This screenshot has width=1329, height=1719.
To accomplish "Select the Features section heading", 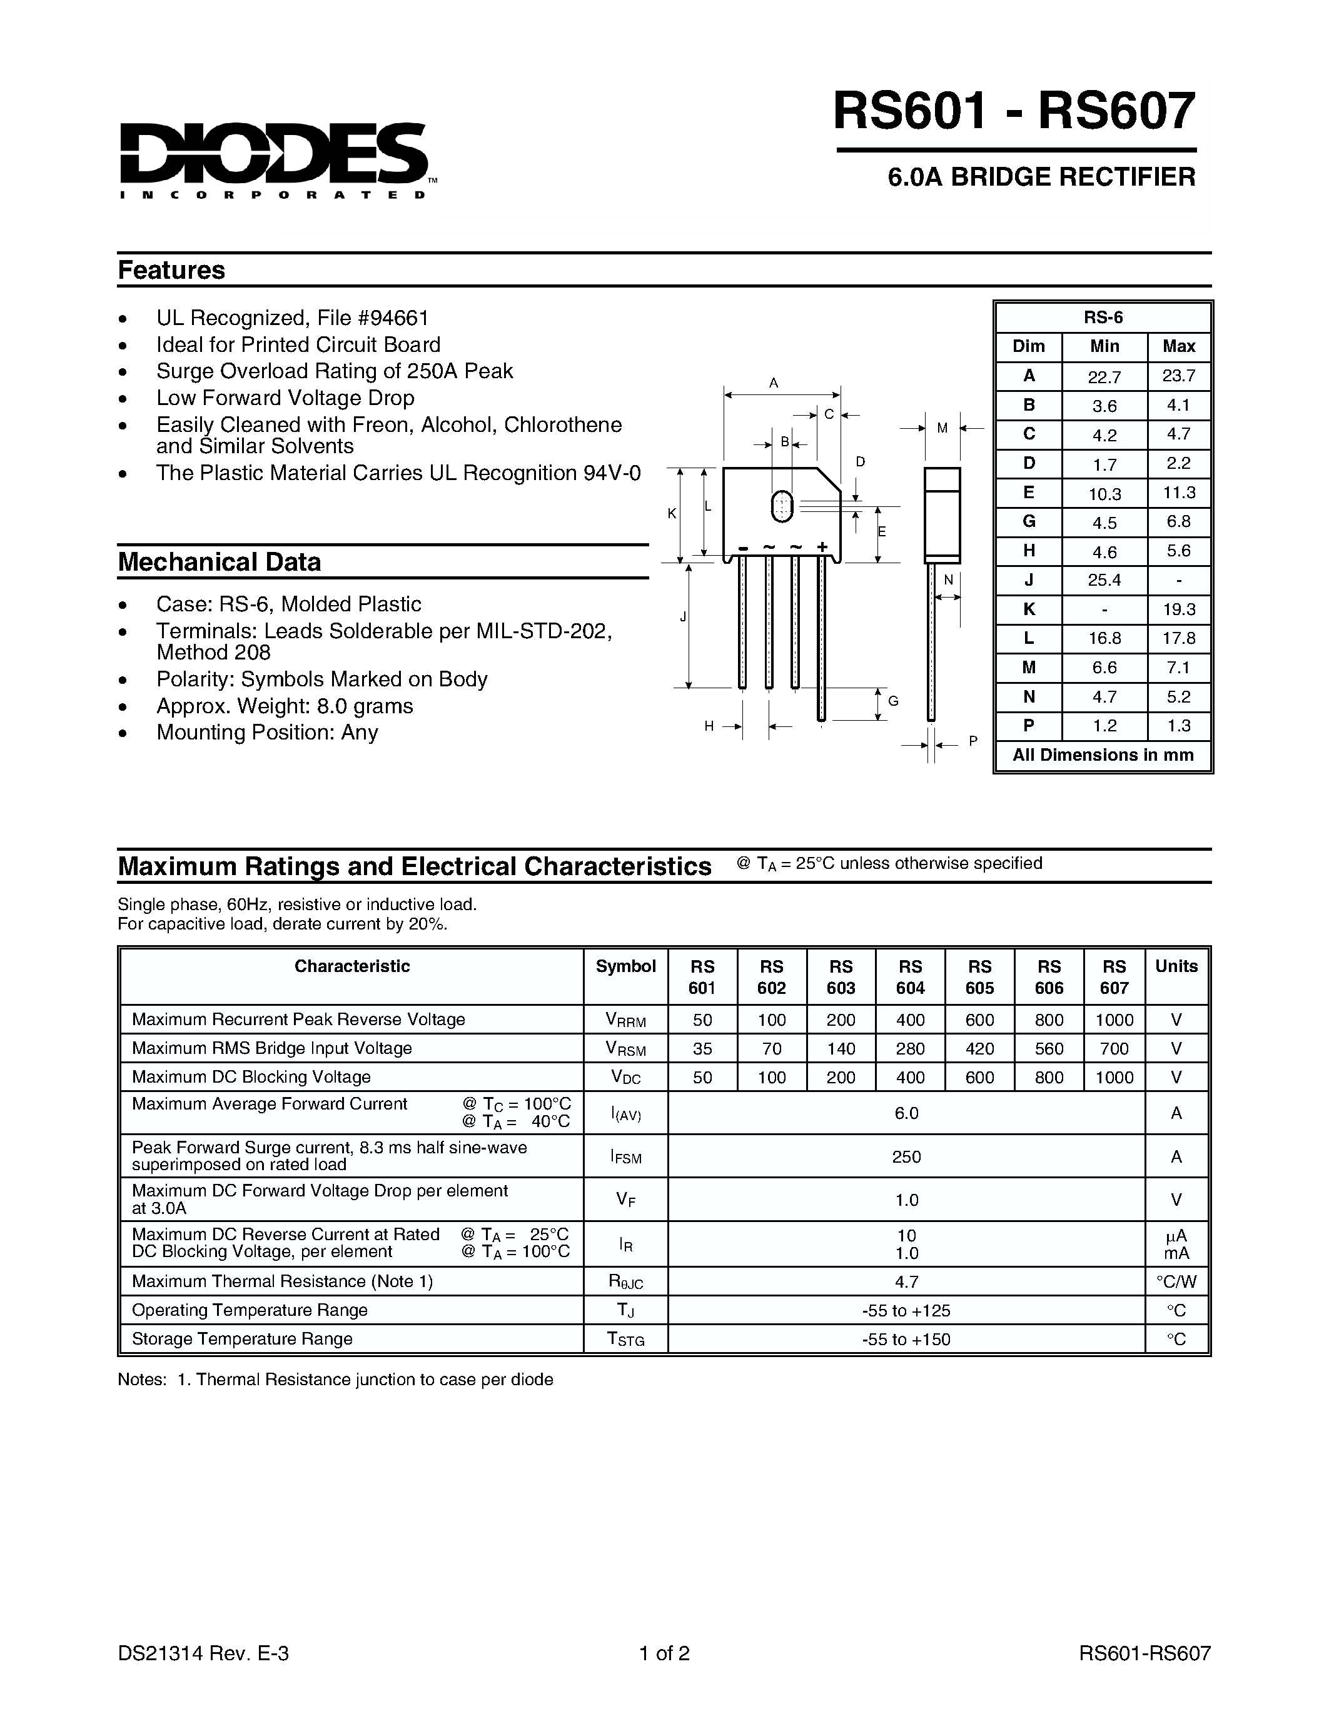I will click(171, 270).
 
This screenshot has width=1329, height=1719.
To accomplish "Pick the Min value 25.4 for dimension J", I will click(1104, 580).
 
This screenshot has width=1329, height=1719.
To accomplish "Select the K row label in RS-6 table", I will click(1028, 609).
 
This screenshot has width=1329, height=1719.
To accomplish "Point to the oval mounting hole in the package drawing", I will click(782, 506).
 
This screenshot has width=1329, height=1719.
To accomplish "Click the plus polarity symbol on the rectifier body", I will click(822, 546).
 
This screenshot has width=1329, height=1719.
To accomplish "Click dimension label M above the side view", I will click(942, 429).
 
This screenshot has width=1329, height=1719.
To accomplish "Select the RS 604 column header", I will click(909, 977).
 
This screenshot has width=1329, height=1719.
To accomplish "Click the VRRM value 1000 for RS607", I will click(1113, 1020).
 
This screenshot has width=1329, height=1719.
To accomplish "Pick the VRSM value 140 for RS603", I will click(840, 1048).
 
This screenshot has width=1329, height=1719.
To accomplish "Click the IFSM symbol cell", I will click(625, 1156).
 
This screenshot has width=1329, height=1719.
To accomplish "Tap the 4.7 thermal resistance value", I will click(906, 1281).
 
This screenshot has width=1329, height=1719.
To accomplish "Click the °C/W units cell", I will click(1176, 1281).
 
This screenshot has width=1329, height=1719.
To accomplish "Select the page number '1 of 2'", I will click(664, 1653).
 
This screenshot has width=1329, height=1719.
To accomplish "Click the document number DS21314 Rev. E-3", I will click(203, 1653).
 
